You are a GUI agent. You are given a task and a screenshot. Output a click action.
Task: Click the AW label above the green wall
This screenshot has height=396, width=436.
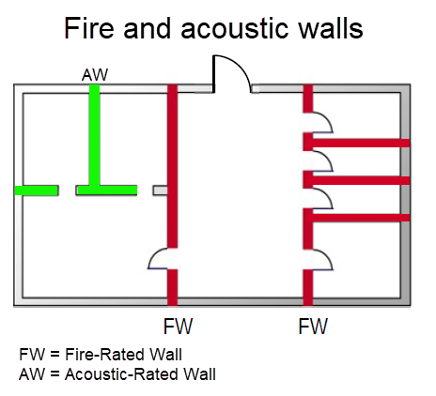[x=94, y=74]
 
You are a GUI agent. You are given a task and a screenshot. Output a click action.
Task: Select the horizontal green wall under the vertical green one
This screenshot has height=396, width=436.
[x=106, y=190]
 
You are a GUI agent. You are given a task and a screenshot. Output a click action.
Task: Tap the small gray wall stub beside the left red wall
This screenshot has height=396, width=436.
[x=160, y=190]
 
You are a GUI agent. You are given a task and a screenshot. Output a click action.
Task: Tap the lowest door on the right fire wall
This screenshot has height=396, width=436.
[x=319, y=259]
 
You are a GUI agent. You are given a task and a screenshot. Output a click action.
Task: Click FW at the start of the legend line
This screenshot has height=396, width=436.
[x=30, y=355]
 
